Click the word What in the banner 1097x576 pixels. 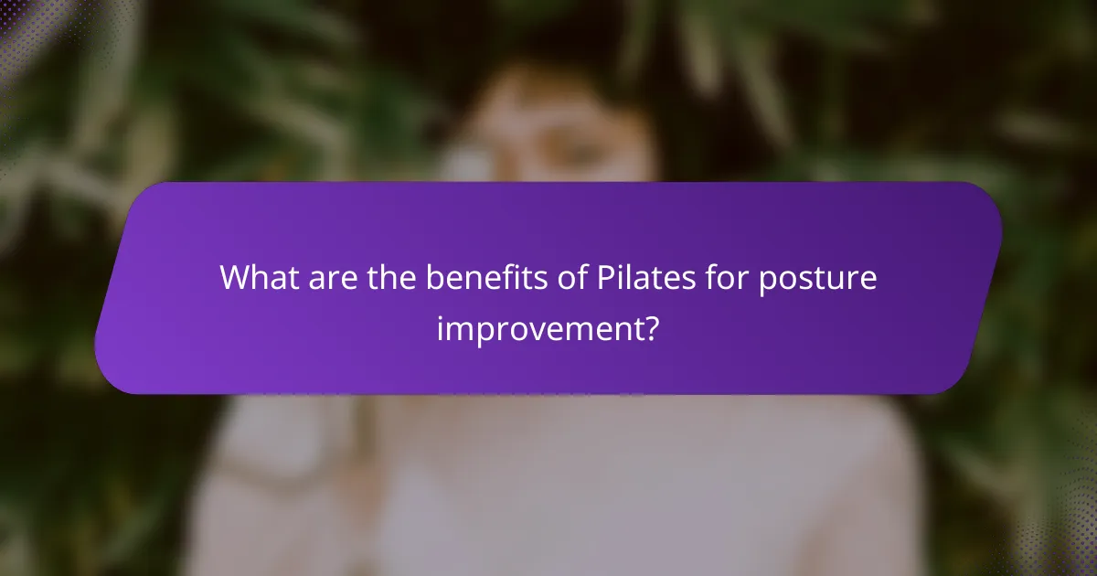[x=258, y=277]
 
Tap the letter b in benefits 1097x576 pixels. [x=433, y=277]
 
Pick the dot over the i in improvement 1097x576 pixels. [x=441, y=314]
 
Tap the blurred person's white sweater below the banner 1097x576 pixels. [x=548, y=485]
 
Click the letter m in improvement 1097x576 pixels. [x=463, y=328]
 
